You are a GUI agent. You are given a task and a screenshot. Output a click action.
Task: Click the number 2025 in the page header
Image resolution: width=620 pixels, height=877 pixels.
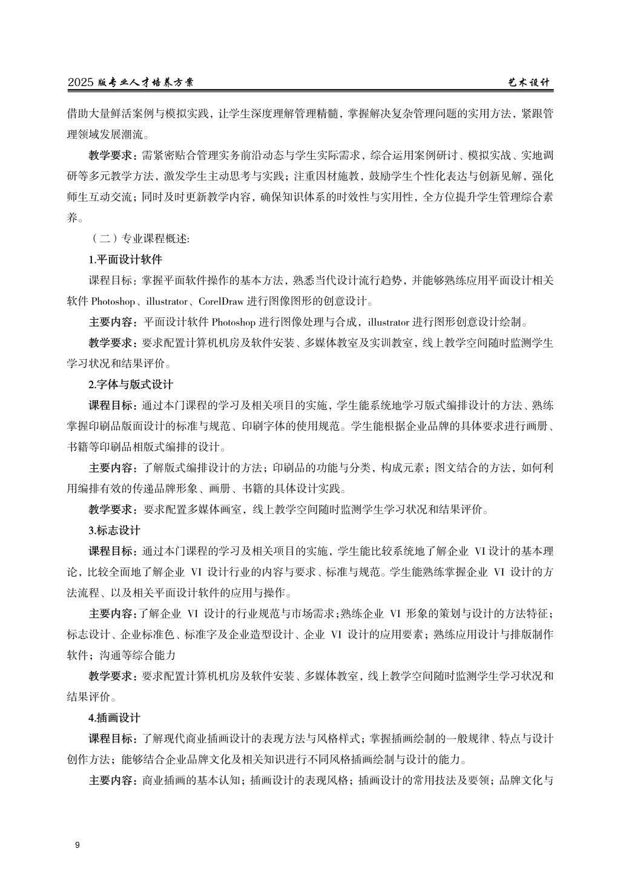tap(80, 82)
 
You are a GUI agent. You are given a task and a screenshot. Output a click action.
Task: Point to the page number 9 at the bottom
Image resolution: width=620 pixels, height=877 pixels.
tap(77, 846)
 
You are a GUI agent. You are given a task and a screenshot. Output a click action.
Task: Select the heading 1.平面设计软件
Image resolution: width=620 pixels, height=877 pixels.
tap(125, 260)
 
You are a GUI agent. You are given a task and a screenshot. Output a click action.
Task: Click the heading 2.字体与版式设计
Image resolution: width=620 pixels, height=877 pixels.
tap(131, 385)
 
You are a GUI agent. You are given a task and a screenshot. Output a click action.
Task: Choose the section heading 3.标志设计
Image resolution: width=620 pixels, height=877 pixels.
tap(114, 530)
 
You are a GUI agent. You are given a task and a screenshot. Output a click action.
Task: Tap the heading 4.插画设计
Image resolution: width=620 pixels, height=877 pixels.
tap(114, 718)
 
